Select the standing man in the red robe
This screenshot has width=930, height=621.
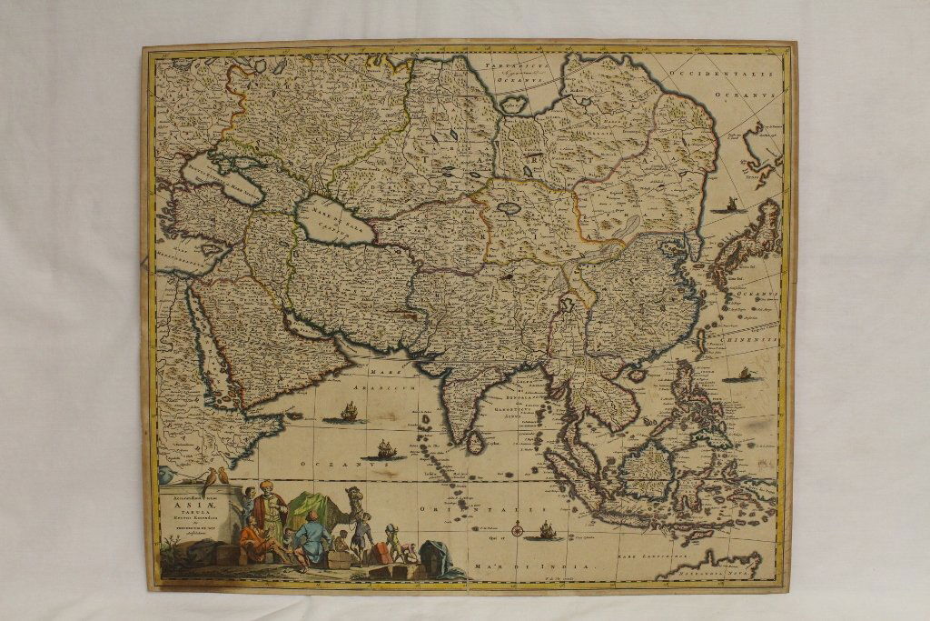(269, 509)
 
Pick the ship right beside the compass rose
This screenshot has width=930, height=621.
(545, 530)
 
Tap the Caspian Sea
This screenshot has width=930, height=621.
(333, 221)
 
